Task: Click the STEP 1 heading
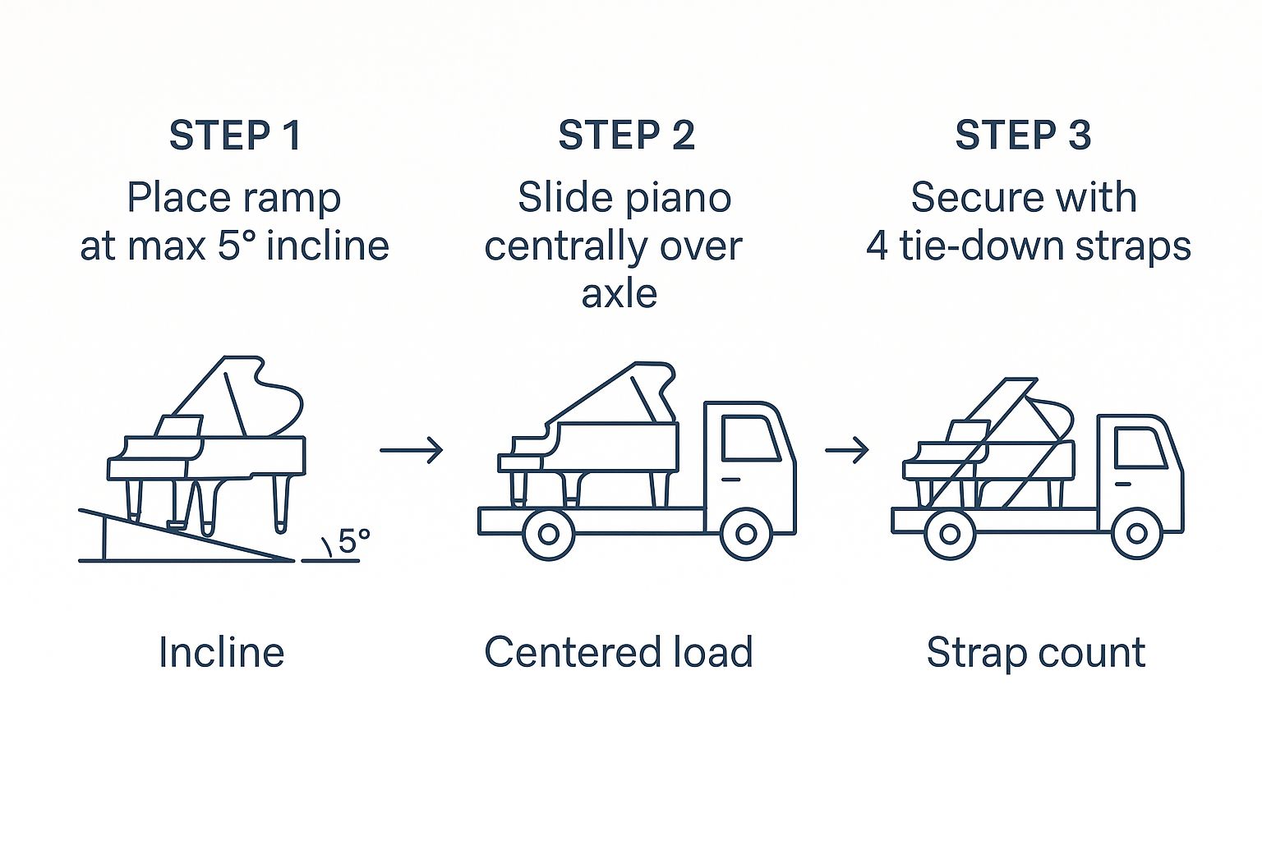point(235,136)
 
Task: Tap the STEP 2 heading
point(626,136)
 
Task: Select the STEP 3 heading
point(1023,136)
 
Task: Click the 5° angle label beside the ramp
point(353,542)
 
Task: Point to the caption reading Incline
point(221,653)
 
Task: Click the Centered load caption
point(618,653)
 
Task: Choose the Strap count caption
point(1035,653)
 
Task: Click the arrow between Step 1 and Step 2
point(412,449)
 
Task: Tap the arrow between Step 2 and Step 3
point(847,449)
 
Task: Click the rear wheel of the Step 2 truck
point(548,534)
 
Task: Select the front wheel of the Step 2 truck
point(746,534)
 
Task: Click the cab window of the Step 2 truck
point(749,438)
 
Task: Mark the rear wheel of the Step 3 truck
point(950,534)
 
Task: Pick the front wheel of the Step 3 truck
point(1137,534)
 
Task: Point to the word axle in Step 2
point(619,294)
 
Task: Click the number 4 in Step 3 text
point(877,246)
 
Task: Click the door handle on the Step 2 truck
point(730,479)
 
